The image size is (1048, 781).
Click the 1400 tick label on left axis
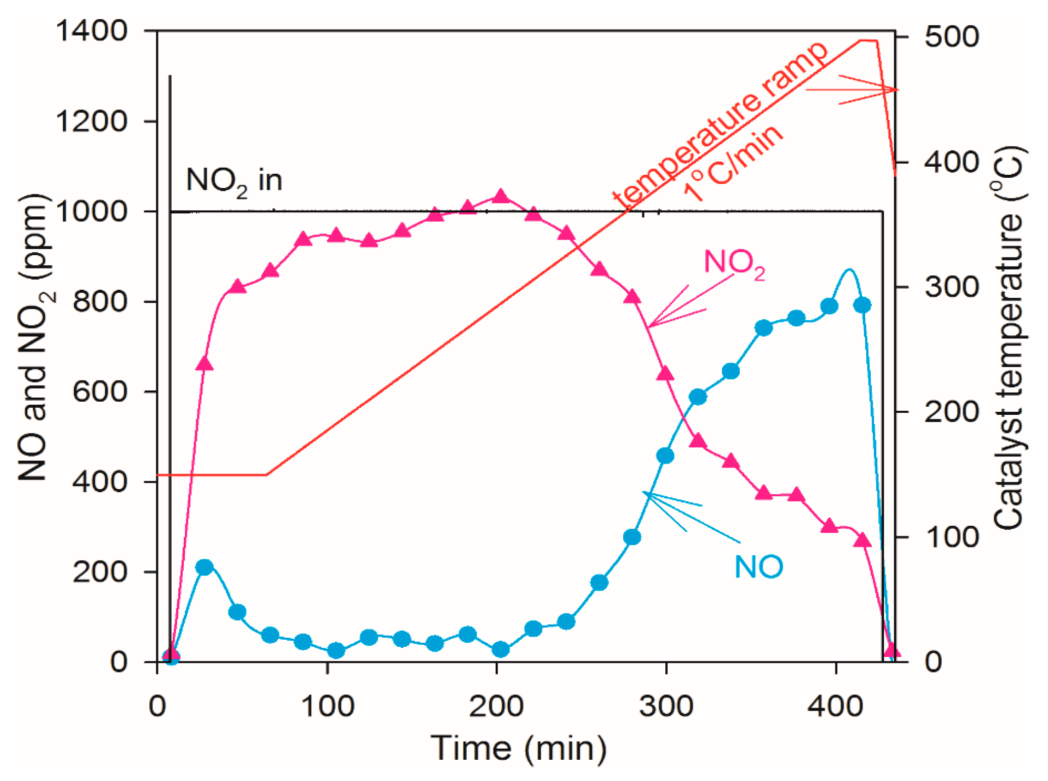[x=91, y=31]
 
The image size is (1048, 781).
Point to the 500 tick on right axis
[x=952, y=37]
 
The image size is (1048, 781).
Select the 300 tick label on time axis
[x=666, y=706]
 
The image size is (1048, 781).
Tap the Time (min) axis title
[x=518, y=748]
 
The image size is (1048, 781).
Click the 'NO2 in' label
[x=234, y=180]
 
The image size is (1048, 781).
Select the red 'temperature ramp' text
[x=719, y=124]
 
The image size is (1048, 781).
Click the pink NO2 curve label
[x=734, y=263]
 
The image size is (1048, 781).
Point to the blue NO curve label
[x=758, y=567]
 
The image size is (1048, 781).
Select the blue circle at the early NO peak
[x=204, y=567]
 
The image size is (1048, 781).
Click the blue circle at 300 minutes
[x=665, y=456]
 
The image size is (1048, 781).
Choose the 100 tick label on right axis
[x=952, y=537]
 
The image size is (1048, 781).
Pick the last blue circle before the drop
[x=862, y=305]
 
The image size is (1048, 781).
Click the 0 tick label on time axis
[x=157, y=706]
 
